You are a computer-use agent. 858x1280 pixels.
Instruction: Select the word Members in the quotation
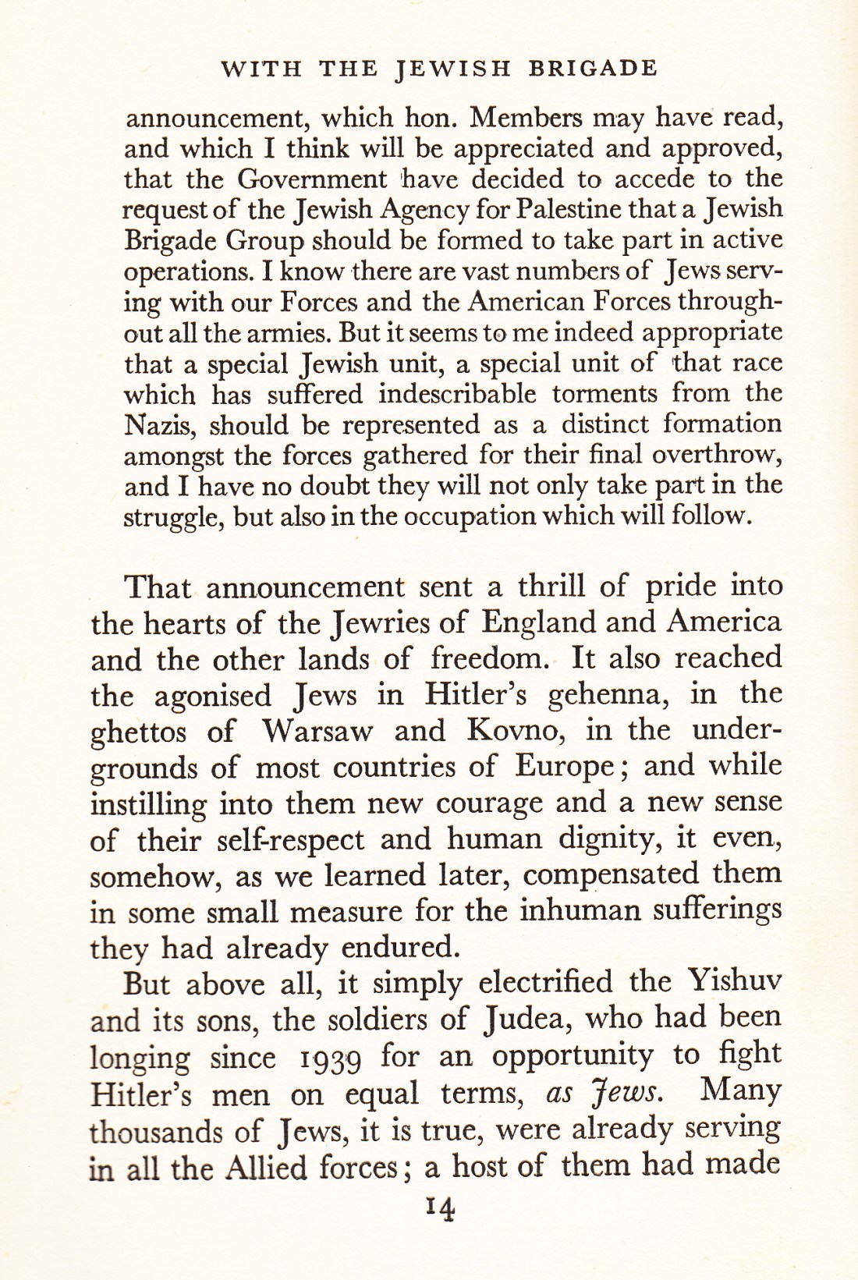(x=521, y=118)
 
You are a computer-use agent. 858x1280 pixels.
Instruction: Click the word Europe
(x=564, y=767)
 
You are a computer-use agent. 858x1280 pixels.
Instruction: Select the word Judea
(x=526, y=1019)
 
